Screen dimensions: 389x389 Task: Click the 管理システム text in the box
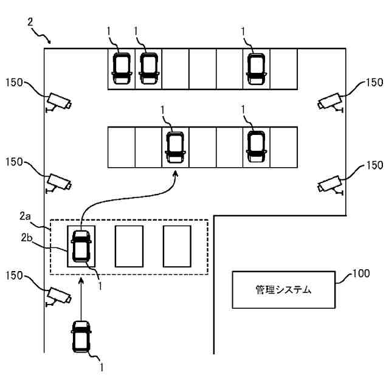[283, 289]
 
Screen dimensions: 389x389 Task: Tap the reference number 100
[361, 274]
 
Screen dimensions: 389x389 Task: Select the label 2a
[25, 216]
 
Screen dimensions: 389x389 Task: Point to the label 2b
[27, 238]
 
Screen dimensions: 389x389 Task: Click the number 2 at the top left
[30, 22]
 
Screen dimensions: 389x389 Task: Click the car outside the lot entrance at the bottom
[81, 337]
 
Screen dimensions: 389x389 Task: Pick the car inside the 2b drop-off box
[81, 246]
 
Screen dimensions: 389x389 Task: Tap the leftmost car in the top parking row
[122, 69]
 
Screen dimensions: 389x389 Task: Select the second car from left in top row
[149, 69]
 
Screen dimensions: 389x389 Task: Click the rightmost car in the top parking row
[256, 69]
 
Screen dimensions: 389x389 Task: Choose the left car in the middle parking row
[176, 147]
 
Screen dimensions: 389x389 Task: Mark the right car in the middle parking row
[256, 146]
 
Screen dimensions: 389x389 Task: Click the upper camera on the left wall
[58, 102]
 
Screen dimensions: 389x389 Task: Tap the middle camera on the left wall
[58, 183]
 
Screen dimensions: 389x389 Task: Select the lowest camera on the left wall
[58, 297]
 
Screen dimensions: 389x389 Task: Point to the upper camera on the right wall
[331, 102]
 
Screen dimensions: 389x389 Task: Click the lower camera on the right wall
[331, 185]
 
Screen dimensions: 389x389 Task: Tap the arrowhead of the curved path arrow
[176, 173]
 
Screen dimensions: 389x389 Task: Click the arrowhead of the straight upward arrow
[81, 281]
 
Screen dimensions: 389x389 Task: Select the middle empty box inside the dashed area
[129, 246]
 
